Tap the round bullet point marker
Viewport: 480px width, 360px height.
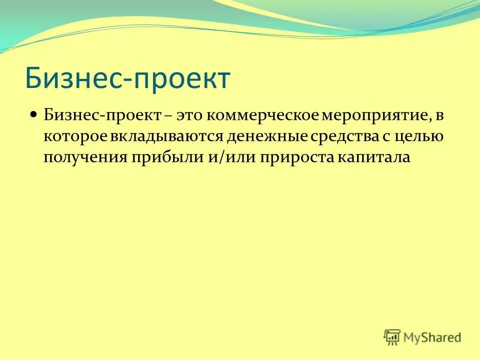click(x=33, y=114)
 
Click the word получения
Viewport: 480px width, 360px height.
click(x=84, y=156)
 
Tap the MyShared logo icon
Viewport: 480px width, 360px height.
click(x=392, y=337)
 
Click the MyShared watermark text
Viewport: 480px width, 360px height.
click(x=432, y=337)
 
